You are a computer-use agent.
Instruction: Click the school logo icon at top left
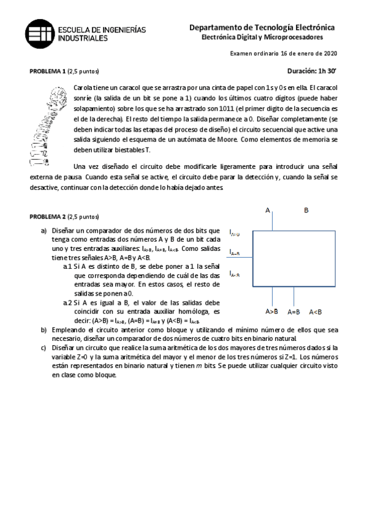tap(39, 33)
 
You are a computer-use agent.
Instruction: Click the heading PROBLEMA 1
tap(48, 71)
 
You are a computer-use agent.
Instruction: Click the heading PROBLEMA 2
tap(48, 217)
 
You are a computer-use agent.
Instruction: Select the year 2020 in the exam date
tap(330, 54)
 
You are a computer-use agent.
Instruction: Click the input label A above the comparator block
tap(268, 211)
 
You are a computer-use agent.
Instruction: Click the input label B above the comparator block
tap(306, 211)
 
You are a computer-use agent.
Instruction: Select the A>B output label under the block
tap(271, 312)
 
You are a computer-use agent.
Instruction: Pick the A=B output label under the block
tap(293, 312)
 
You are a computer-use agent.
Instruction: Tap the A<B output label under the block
tap(316, 312)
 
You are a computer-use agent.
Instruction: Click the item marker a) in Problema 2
tap(44, 231)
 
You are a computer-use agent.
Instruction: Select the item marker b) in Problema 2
tap(44, 330)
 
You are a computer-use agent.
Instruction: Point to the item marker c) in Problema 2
tap(44, 347)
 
